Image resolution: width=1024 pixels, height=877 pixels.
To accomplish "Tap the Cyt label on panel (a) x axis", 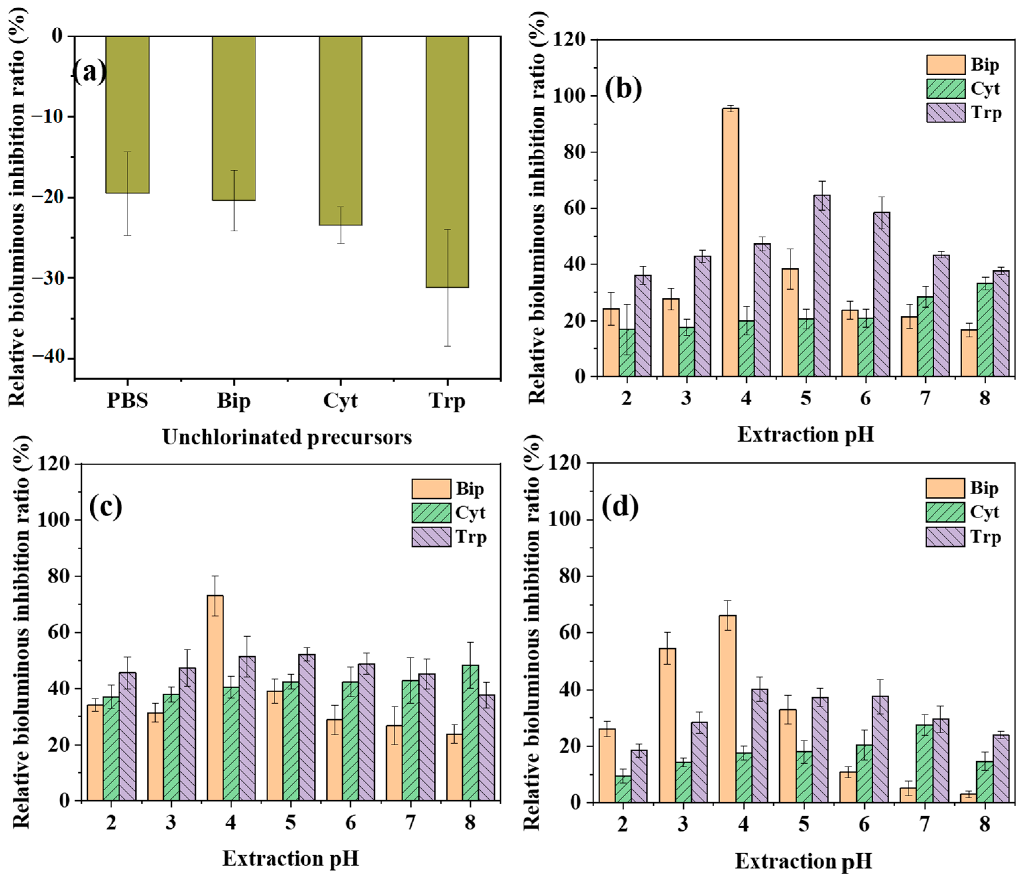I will click(340, 401).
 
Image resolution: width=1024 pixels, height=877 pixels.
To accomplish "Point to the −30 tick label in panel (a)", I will click(49, 278).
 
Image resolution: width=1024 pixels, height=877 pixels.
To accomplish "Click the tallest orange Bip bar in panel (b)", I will click(730, 242).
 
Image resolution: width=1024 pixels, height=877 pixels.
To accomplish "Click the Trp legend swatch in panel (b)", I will click(945, 113).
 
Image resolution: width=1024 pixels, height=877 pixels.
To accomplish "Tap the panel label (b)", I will click(624, 89).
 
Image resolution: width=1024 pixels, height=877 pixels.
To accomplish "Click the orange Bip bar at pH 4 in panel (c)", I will click(215, 698).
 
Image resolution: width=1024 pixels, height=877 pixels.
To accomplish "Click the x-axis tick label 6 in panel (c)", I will click(350, 822).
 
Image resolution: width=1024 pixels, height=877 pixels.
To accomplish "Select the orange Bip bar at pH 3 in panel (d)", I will click(667, 725).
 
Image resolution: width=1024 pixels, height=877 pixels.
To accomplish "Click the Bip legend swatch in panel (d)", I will click(945, 488).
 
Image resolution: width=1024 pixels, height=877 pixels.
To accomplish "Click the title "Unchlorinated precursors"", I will click(287, 437).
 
